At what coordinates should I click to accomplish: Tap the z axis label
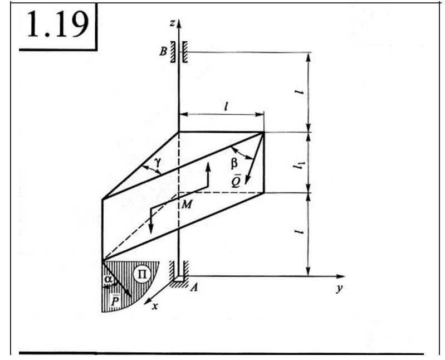[172, 23]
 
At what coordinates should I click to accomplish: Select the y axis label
[339, 289]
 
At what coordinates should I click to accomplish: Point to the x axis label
[155, 307]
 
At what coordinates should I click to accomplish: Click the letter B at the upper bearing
[163, 52]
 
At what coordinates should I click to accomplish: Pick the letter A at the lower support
[194, 288]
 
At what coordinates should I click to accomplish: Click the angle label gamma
[158, 162]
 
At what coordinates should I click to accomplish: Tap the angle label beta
[234, 164]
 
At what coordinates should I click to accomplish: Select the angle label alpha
[108, 279]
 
